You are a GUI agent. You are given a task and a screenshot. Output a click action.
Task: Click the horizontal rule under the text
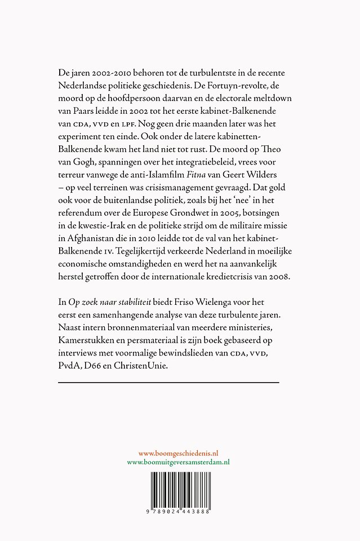tap(168, 383)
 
